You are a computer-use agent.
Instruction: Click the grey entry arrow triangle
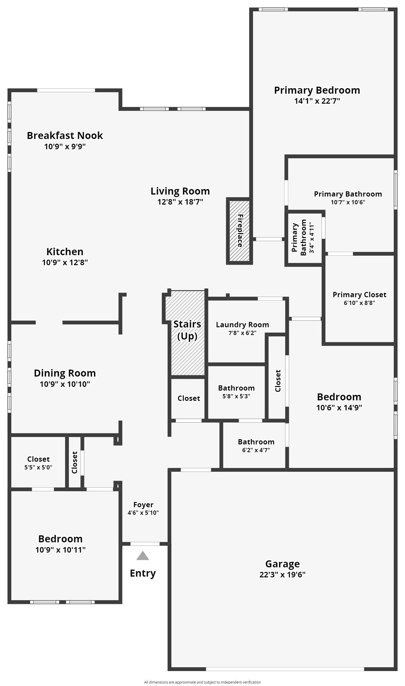(143, 556)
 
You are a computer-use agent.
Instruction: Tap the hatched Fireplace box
(240, 231)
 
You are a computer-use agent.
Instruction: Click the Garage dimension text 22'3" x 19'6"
(282, 575)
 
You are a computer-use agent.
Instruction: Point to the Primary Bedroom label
(317, 90)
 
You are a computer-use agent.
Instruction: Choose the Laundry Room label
(243, 325)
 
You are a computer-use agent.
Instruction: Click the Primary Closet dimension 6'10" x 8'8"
(359, 303)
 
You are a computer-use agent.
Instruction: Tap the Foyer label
(143, 504)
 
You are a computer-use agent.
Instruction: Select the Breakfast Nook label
(65, 135)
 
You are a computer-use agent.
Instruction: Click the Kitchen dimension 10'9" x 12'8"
(65, 262)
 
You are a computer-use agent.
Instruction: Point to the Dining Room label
(65, 373)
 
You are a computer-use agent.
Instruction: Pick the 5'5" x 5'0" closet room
(38, 462)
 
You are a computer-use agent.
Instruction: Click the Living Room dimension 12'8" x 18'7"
(180, 202)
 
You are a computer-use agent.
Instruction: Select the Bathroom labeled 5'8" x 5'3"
(236, 392)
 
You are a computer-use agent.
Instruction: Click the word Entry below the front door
(143, 573)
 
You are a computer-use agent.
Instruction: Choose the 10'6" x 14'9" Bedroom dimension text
(339, 407)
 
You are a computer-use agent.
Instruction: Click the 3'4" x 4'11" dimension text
(312, 237)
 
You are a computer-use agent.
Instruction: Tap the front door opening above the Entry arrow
(145, 544)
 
